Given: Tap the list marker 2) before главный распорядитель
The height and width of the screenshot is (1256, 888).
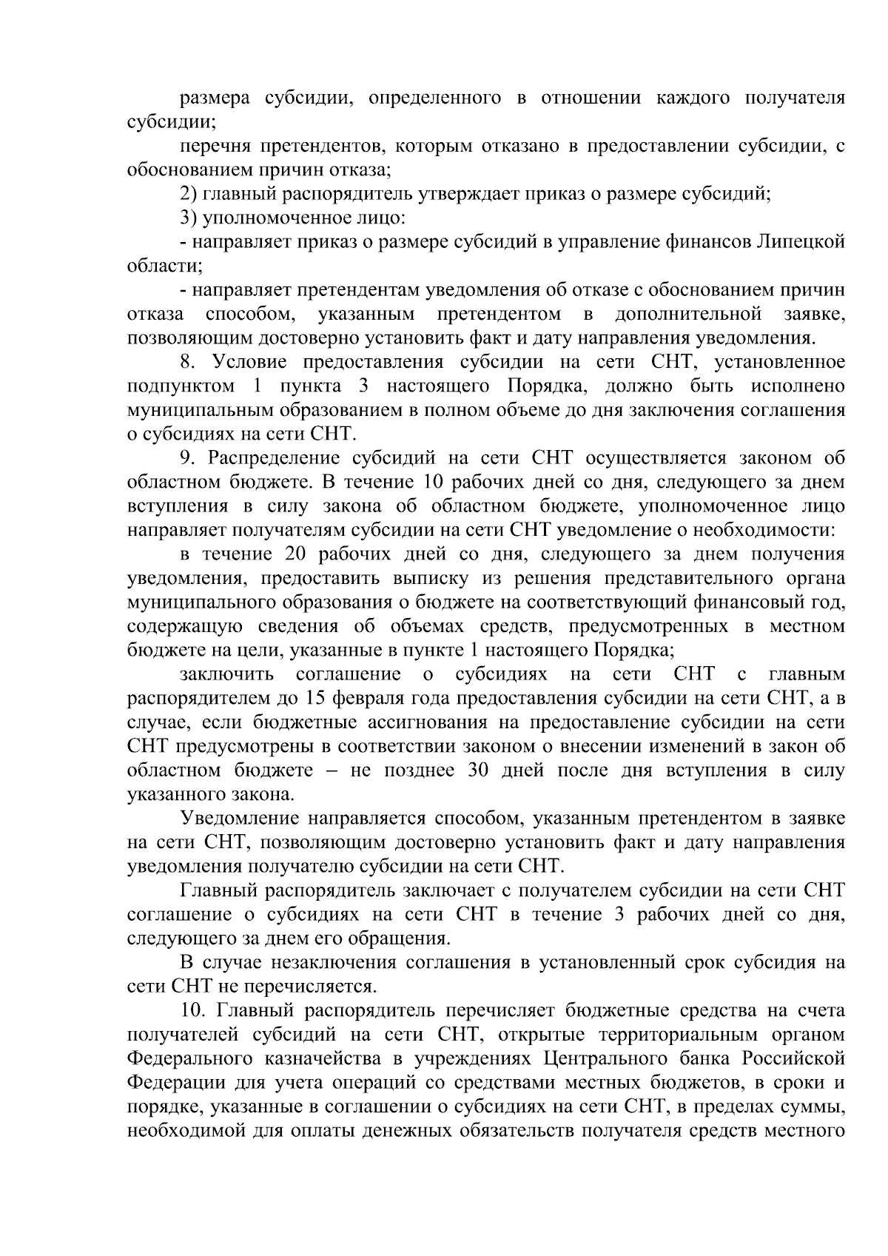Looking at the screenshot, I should point(189,194).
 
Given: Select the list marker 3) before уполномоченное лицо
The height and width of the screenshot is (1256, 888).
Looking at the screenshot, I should point(189,218).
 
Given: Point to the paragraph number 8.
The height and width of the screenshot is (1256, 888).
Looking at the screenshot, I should point(187,362).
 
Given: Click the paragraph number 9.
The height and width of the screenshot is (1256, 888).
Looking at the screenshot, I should point(187,458).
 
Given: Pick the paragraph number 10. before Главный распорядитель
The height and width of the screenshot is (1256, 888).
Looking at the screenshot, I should point(193,1010).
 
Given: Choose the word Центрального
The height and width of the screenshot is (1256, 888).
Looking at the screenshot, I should point(602,1058).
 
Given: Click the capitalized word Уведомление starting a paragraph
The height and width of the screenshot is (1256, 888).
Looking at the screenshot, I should point(239,819).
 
